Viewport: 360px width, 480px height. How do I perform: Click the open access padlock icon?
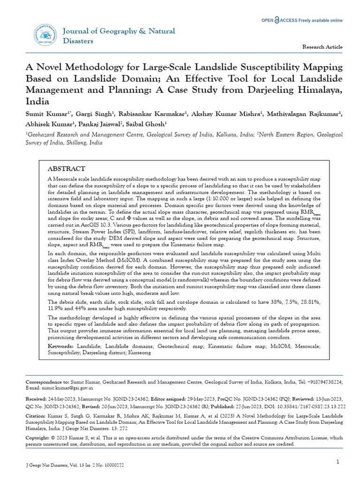(x=277, y=20)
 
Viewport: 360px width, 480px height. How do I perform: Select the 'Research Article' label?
(x=322, y=47)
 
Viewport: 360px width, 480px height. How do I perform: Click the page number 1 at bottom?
(x=337, y=462)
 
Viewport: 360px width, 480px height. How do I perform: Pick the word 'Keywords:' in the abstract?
(x=61, y=345)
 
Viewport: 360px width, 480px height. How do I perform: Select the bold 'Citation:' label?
(x=36, y=416)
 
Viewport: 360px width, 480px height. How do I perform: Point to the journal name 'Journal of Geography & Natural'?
(x=119, y=31)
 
